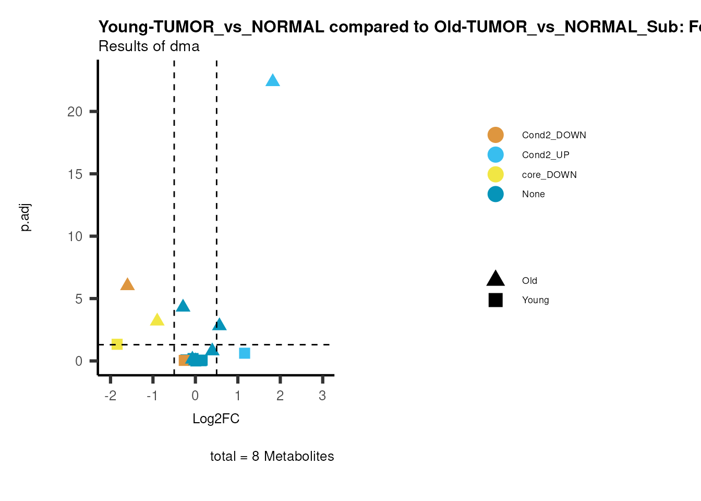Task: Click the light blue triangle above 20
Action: (x=273, y=81)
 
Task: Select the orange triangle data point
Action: (x=127, y=285)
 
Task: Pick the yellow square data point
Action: (x=117, y=344)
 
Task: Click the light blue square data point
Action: (x=245, y=353)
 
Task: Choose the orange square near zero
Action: (x=184, y=360)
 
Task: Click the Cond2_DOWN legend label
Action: (x=554, y=135)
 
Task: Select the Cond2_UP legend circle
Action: (x=495, y=155)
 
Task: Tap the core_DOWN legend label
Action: (x=549, y=175)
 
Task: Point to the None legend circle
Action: (x=495, y=194)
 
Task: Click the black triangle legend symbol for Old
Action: (x=495, y=279)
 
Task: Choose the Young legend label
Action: (x=535, y=300)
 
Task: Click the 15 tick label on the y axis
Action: (x=75, y=174)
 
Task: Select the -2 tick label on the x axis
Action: (x=110, y=396)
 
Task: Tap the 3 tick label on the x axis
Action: (x=322, y=396)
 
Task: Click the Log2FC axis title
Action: (x=216, y=419)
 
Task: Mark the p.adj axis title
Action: (x=26, y=218)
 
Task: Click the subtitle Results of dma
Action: (x=149, y=46)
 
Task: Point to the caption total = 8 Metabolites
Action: (x=272, y=456)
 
